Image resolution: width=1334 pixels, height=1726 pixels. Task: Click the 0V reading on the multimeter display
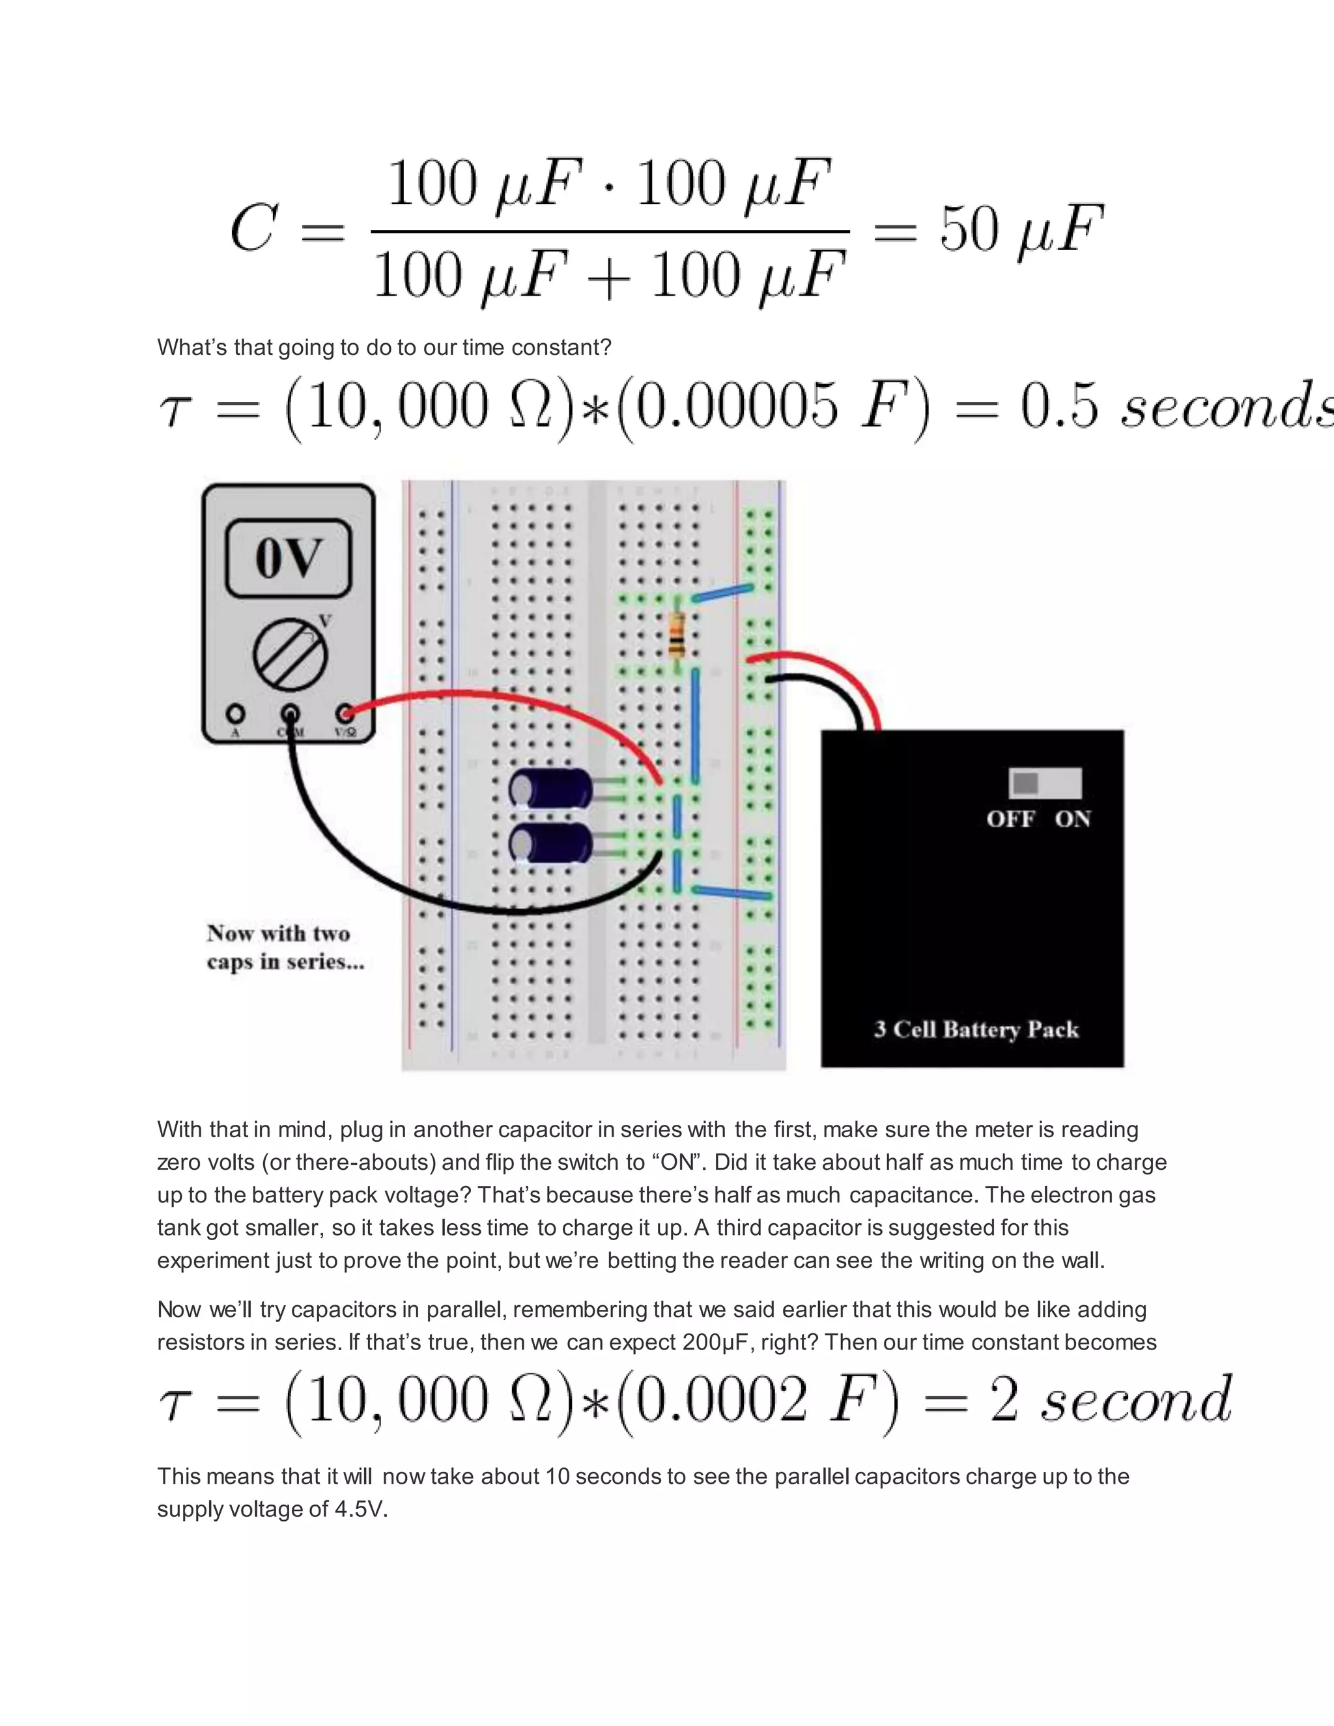point(289,558)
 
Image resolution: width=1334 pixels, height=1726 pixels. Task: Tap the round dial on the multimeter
point(290,655)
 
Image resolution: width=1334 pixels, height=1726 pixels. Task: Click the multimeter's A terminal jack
point(234,714)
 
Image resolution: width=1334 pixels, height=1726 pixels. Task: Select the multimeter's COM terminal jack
point(290,714)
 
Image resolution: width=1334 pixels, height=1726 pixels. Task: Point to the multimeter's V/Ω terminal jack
point(345,714)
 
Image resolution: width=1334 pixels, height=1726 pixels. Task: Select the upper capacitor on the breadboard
point(552,788)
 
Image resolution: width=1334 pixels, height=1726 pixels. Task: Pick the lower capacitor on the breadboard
point(552,843)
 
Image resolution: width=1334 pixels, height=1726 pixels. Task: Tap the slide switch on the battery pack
point(1045,783)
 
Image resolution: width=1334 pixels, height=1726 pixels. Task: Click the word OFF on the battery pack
point(1010,819)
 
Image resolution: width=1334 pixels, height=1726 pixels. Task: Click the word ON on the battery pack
point(1072,819)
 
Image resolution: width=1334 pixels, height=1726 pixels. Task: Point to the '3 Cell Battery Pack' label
point(976,1029)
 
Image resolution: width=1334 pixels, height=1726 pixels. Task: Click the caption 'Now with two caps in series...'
point(285,948)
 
